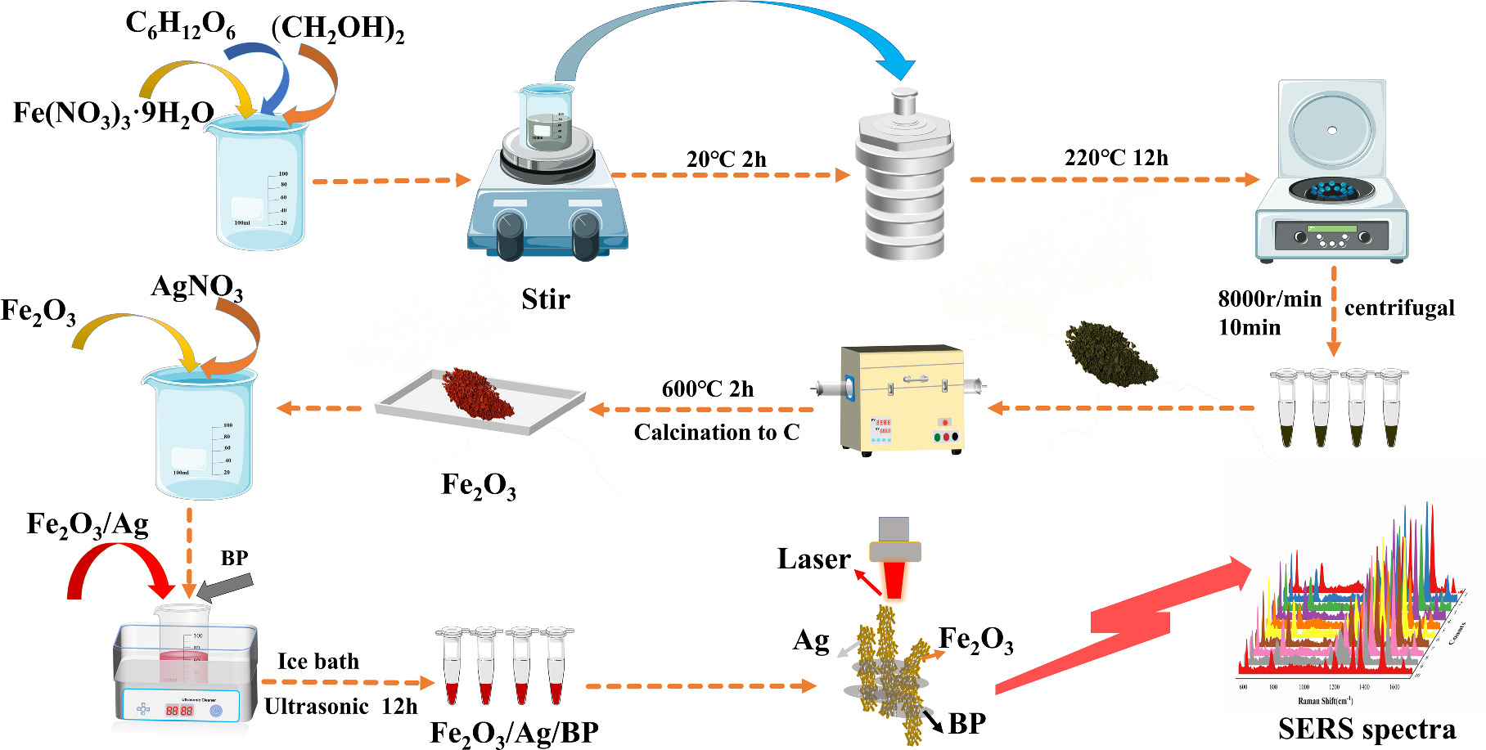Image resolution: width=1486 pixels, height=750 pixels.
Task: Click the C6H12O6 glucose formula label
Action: pos(180,25)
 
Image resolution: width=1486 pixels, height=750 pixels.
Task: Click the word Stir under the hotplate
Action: pos(545,299)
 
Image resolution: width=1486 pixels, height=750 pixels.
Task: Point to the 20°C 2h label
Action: pos(726,159)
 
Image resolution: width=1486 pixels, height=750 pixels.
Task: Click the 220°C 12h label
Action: pos(1115,158)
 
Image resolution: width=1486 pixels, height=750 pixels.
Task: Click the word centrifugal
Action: pos(1399,308)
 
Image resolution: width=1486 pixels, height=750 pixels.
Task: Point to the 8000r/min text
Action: pos(1269,299)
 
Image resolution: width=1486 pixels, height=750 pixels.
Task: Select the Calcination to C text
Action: pos(716,433)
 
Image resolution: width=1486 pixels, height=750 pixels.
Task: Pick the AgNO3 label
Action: pos(196,287)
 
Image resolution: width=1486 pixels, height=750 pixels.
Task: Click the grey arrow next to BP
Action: pos(226,586)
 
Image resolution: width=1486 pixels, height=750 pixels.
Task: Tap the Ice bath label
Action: pos(317,661)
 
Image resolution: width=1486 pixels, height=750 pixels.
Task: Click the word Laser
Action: pos(813,559)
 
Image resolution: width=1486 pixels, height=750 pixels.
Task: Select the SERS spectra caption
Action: pos(1366,729)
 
